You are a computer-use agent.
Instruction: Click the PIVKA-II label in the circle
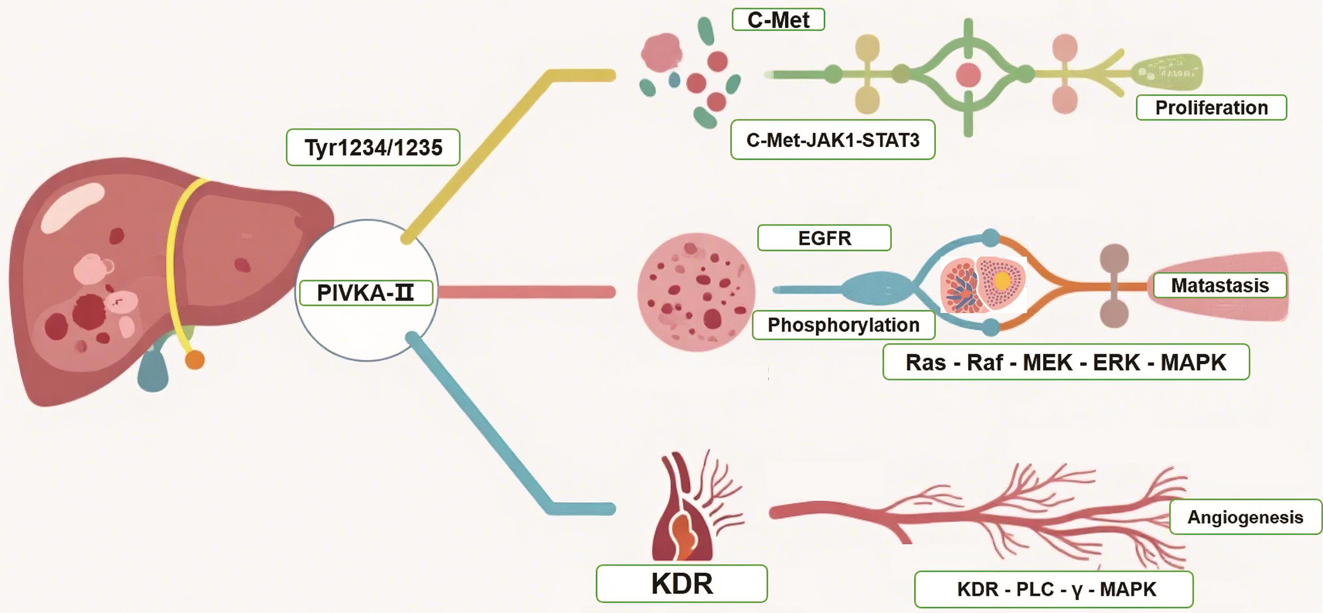(366, 293)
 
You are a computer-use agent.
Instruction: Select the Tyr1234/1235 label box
(373, 147)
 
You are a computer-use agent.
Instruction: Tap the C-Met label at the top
(778, 20)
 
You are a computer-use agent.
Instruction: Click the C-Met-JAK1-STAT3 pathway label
(832, 140)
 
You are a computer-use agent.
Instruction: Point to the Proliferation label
(1211, 108)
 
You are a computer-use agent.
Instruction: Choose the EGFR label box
(824, 238)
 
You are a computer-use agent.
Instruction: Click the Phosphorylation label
(843, 325)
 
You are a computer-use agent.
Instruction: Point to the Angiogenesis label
(1245, 517)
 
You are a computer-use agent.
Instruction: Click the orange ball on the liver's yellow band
(194, 360)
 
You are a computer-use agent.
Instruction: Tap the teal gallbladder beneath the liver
(153, 370)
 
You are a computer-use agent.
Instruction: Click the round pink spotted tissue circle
(696, 292)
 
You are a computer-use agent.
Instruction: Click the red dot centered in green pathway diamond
(968, 75)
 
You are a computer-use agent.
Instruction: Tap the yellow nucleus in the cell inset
(1001, 281)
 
